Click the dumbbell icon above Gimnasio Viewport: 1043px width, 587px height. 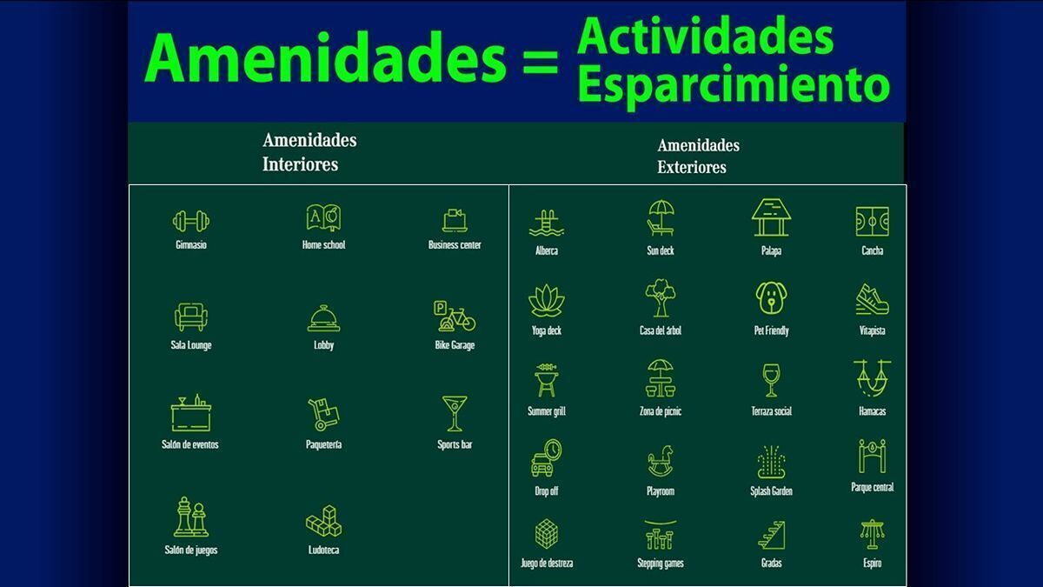pyautogui.click(x=191, y=221)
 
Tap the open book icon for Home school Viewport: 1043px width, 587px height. pyautogui.click(x=323, y=217)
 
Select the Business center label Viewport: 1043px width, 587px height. pyautogui.click(x=455, y=244)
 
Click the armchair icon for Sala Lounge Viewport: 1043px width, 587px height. pyautogui.click(x=191, y=317)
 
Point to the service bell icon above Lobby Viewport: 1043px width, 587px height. pyautogui.click(x=323, y=318)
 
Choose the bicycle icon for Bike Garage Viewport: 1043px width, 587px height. pyautogui.click(x=455, y=317)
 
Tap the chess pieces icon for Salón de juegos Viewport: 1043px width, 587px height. pyautogui.click(x=191, y=517)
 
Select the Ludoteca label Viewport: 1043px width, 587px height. pyautogui.click(x=323, y=550)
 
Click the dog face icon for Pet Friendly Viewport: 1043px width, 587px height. pyautogui.click(x=772, y=298)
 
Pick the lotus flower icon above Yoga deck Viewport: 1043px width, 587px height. pyautogui.click(x=547, y=301)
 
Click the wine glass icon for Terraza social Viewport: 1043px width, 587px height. pyautogui.click(x=771, y=381)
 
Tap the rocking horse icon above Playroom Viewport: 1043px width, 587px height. pyautogui.click(x=661, y=461)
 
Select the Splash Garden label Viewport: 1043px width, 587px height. pyautogui.click(x=771, y=491)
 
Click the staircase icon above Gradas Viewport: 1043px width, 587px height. pyautogui.click(x=772, y=536)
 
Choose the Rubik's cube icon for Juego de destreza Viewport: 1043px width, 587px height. pyautogui.click(x=547, y=534)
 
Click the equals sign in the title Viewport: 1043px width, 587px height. pyautogui.click(x=541, y=62)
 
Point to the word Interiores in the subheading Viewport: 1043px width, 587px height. pyautogui.click(x=301, y=164)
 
